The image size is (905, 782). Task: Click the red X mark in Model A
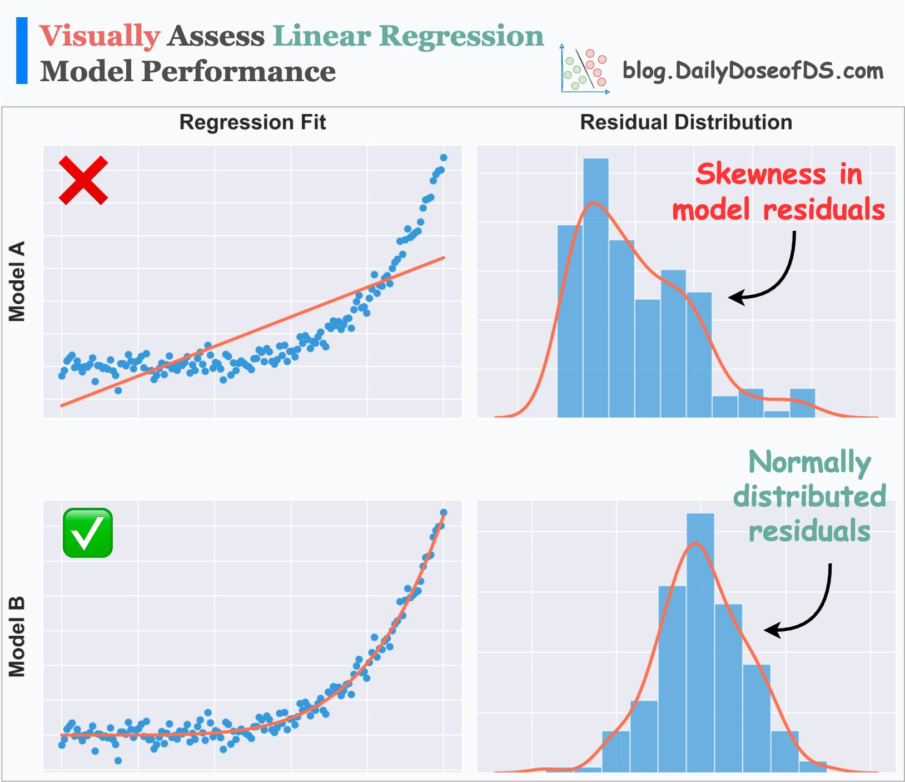(x=83, y=180)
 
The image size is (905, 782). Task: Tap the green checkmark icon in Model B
(x=88, y=533)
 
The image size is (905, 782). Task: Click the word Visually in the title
(x=100, y=36)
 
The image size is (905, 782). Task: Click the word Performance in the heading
(x=238, y=72)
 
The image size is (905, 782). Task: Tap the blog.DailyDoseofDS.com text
(x=753, y=71)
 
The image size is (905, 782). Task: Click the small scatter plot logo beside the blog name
(x=585, y=70)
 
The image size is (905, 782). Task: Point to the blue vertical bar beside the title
(x=22, y=51)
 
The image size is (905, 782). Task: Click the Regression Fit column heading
(x=252, y=122)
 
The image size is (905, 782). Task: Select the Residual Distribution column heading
(x=686, y=122)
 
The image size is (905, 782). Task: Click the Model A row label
(x=17, y=281)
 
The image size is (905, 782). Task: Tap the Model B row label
(x=17, y=637)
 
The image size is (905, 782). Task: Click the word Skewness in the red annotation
(x=760, y=174)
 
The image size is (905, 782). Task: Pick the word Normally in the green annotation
(x=809, y=462)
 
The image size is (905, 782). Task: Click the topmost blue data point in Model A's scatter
(x=444, y=157)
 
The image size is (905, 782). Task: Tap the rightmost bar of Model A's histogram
(x=802, y=403)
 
